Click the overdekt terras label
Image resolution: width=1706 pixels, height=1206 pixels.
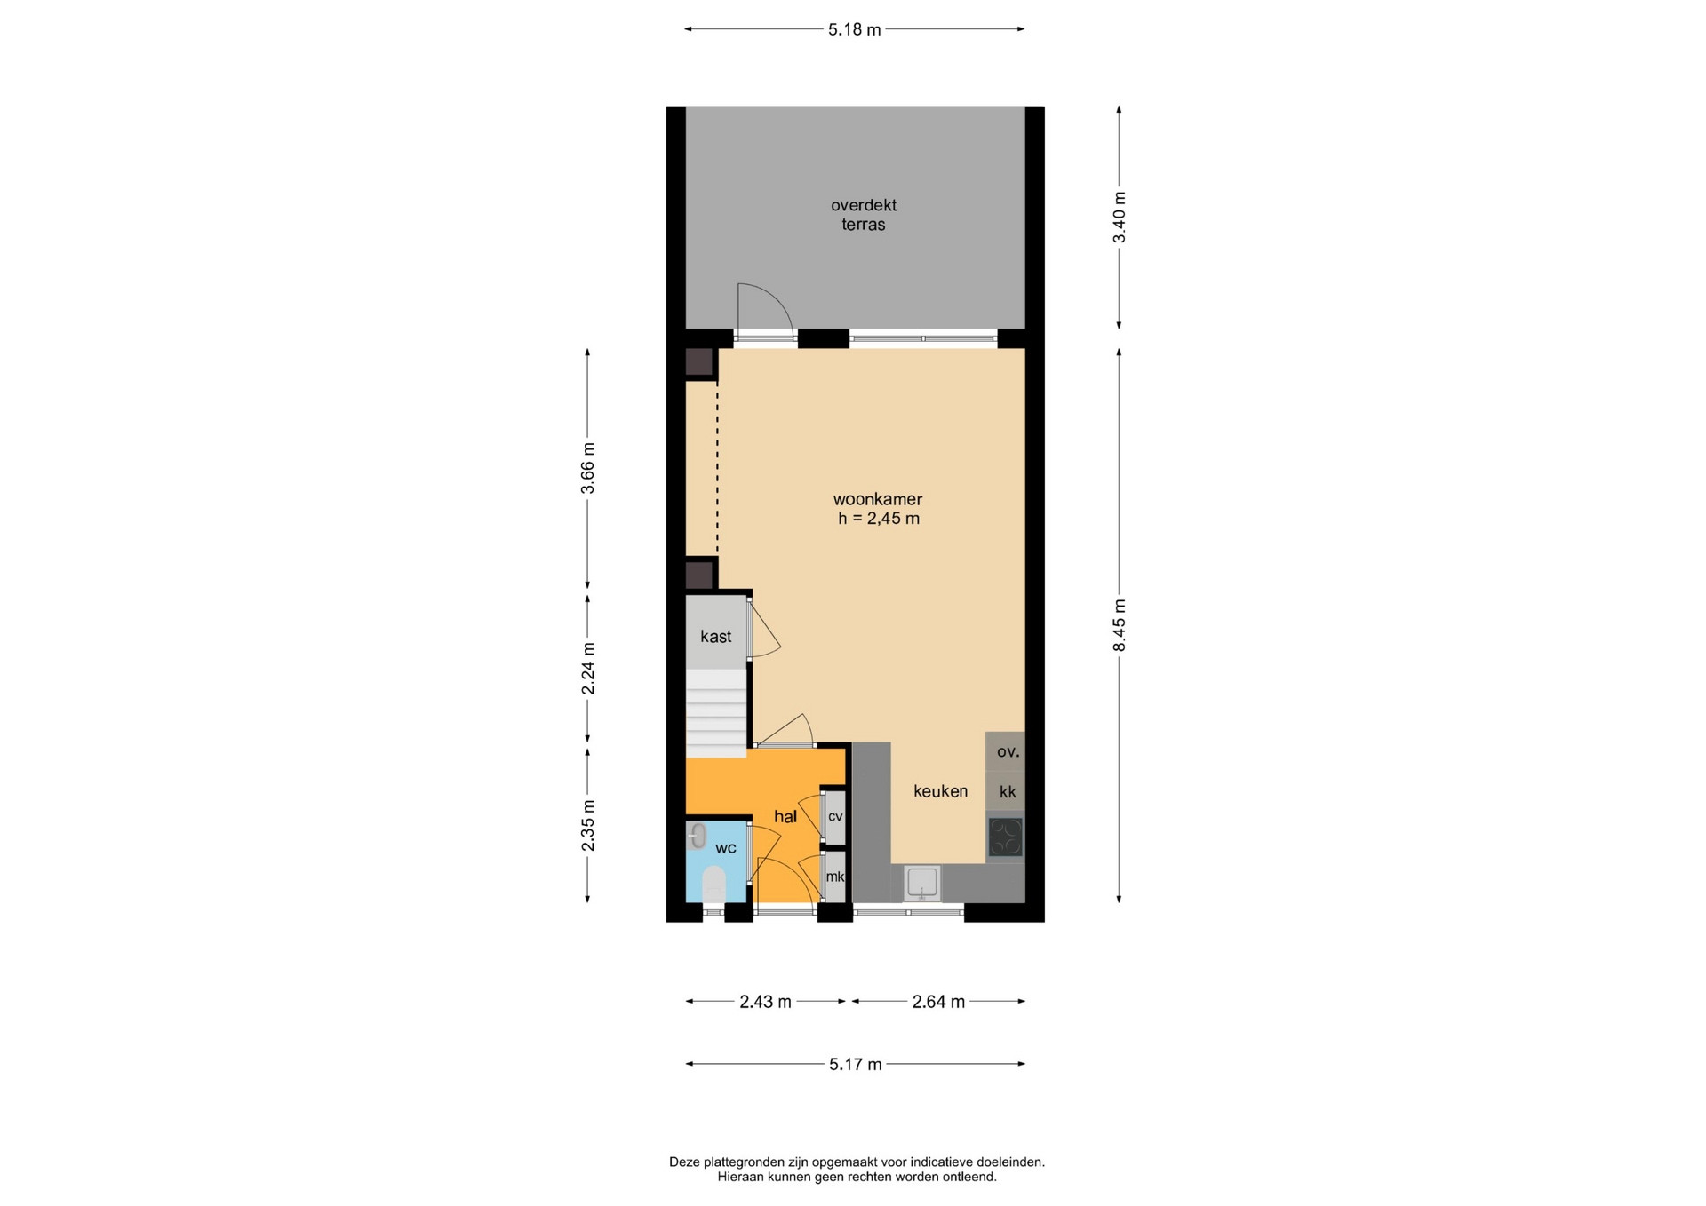(863, 215)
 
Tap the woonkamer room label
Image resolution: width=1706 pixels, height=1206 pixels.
(877, 499)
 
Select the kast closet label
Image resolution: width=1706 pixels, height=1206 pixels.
(715, 636)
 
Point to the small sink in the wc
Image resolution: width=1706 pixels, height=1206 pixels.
(698, 835)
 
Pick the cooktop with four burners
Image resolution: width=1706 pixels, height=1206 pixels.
(1006, 837)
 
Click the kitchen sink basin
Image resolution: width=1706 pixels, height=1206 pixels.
(922, 883)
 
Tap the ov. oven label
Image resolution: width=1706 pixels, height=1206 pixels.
(1008, 751)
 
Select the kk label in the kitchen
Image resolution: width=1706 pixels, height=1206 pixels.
(1008, 792)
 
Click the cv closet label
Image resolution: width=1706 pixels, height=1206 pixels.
(835, 816)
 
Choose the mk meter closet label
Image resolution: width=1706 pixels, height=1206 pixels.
(835, 877)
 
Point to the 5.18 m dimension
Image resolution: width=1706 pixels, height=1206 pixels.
(854, 29)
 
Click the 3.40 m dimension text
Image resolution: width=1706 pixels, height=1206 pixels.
(1120, 218)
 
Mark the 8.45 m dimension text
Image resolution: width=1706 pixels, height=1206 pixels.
(1120, 625)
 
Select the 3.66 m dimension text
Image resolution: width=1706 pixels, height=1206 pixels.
(587, 468)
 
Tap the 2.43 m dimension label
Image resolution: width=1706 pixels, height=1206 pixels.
(765, 1002)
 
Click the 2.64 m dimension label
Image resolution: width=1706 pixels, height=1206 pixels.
(938, 1002)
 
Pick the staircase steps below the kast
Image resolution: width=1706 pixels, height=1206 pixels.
(715, 713)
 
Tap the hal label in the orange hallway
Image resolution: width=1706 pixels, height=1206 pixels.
(785, 817)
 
